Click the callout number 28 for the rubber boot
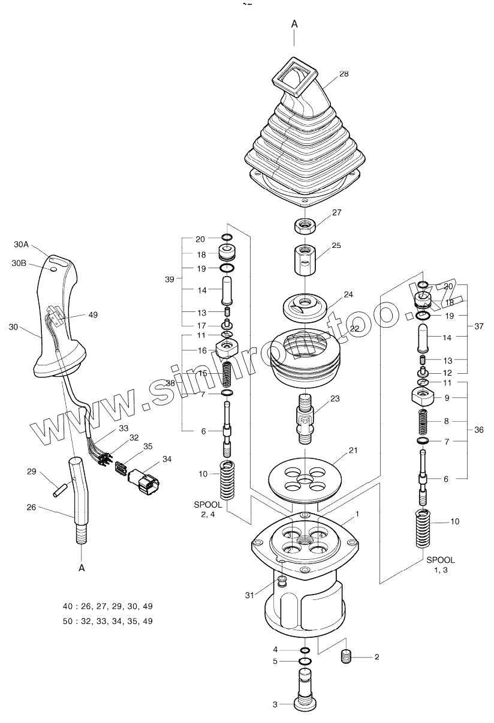[344, 74]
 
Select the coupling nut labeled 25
[305, 257]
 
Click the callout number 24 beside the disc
[348, 295]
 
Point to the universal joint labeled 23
[305, 415]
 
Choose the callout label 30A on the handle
[22, 244]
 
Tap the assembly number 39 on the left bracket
[170, 280]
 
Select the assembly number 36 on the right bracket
[478, 430]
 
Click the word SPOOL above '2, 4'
[207, 505]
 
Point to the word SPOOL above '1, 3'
[441, 559]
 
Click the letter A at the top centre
[294, 24]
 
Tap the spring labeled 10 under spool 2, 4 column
[228, 481]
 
